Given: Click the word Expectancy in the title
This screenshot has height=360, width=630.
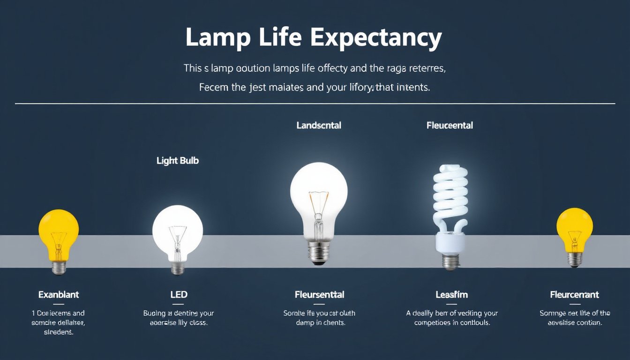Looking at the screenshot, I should (375, 38).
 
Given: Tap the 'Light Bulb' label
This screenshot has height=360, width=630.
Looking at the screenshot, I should (178, 161).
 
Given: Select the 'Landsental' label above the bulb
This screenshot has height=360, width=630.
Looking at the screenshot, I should (319, 126).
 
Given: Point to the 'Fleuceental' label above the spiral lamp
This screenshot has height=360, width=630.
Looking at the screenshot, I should (450, 126).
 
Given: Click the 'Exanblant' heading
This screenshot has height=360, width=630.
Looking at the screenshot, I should (59, 295).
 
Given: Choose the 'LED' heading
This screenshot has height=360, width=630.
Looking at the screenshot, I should (179, 295).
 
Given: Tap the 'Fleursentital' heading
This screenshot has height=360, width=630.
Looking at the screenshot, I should (319, 295).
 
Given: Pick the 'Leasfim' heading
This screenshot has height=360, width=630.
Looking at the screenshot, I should (451, 295).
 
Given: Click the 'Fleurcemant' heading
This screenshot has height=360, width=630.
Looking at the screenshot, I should (574, 295).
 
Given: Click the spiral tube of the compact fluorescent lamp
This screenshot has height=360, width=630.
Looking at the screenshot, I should (450, 197).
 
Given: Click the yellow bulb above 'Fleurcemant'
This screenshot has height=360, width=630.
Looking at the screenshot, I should (574, 227).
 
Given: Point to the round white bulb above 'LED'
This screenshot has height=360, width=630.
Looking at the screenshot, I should (178, 230).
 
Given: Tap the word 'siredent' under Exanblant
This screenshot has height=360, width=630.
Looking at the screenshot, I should (58, 332).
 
